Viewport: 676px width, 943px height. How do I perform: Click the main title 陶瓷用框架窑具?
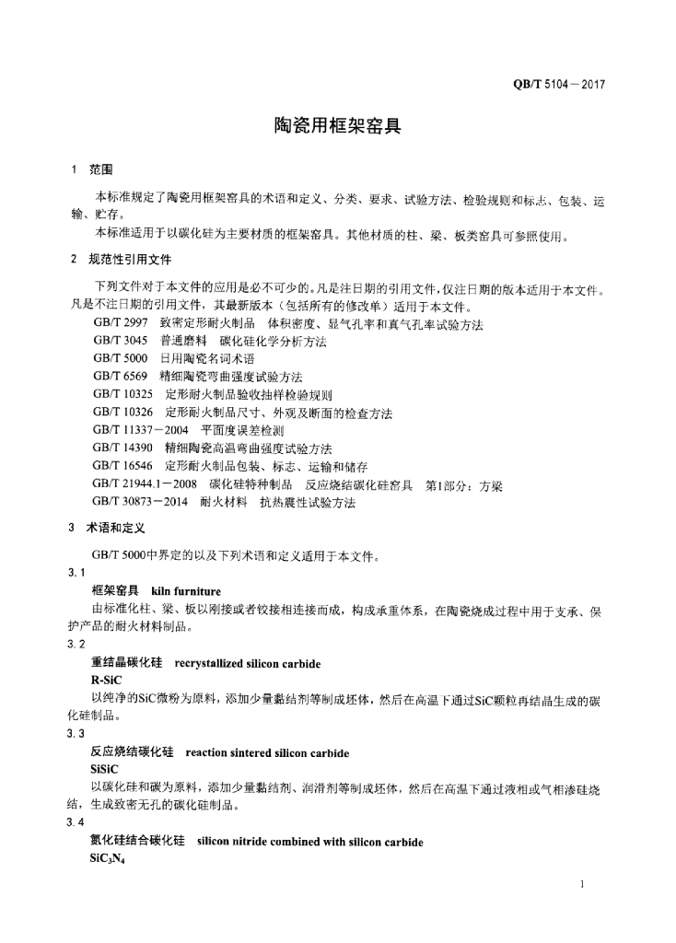(338, 125)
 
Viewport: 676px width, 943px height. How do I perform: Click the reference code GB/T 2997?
(121, 325)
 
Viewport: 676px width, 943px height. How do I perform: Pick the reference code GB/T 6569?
(121, 378)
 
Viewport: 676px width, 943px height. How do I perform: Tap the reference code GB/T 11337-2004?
(141, 431)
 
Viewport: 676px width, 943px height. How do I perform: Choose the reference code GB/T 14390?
(123, 448)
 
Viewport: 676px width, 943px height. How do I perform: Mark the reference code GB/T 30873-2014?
(141, 503)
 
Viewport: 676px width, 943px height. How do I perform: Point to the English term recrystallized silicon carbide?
(248, 662)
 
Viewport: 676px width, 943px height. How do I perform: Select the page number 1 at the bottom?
(584, 885)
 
